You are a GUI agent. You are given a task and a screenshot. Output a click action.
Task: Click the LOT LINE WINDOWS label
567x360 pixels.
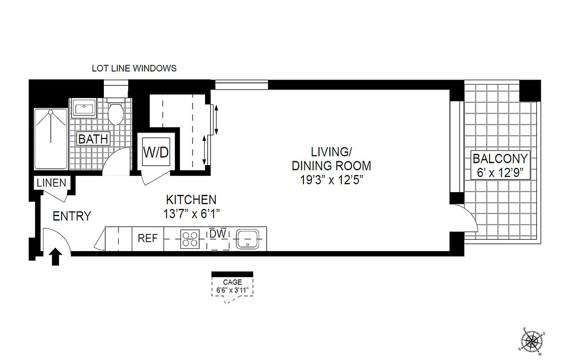pyautogui.click(x=134, y=69)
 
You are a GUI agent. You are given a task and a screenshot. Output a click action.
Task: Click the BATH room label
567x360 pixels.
pyautogui.click(x=93, y=139)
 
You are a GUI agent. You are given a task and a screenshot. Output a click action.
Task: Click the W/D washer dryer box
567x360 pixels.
pyautogui.click(x=156, y=152)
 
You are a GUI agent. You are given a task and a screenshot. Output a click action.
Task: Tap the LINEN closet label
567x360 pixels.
pyautogui.click(x=51, y=183)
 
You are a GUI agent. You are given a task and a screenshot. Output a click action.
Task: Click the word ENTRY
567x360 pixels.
pyautogui.click(x=72, y=216)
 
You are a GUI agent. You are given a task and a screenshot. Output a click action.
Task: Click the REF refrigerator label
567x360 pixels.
pyautogui.click(x=147, y=238)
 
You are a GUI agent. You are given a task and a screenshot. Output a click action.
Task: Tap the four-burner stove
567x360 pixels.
pyautogui.click(x=189, y=238)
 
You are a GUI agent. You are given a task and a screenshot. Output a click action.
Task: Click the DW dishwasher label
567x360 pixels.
pyautogui.click(x=218, y=234)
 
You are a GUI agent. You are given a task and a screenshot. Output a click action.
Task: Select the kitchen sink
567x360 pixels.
pyautogui.click(x=247, y=238)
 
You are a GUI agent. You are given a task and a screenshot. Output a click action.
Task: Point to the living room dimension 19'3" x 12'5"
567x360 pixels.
pyautogui.click(x=331, y=180)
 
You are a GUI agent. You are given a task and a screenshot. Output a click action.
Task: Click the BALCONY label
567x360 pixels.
pyautogui.click(x=499, y=159)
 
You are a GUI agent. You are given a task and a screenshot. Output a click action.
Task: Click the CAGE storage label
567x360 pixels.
pyautogui.click(x=232, y=283)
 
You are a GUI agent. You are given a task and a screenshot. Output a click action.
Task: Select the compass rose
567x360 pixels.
pyautogui.click(x=532, y=341)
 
